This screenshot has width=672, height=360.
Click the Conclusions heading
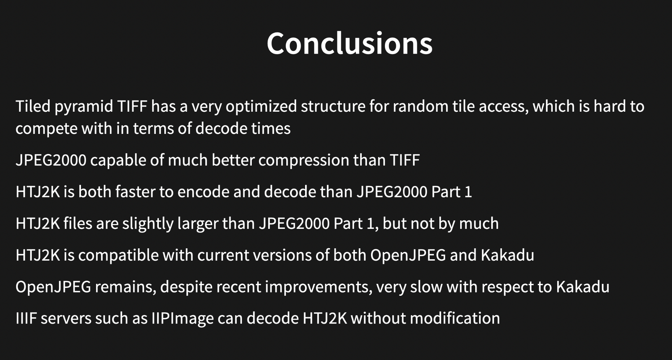click(x=349, y=43)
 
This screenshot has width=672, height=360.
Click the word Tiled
click(x=33, y=106)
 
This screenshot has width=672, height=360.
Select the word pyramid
click(x=84, y=107)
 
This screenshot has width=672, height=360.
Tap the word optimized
click(x=261, y=107)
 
